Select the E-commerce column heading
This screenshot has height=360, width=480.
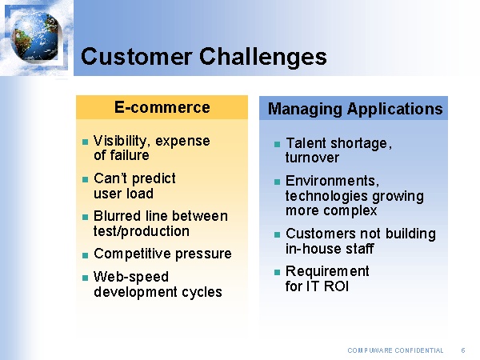(x=162, y=107)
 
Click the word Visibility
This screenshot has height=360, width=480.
(x=121, y=141)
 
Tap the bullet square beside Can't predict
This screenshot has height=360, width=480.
(x=84, y=179)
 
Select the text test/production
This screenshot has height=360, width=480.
(x=142, y=231)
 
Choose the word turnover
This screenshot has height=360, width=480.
(x=312, y=158)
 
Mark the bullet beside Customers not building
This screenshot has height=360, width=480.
(x=276, y=234)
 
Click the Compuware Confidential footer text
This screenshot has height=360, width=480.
(x=395, y=350)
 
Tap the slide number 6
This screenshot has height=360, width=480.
(x=463, y=350)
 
